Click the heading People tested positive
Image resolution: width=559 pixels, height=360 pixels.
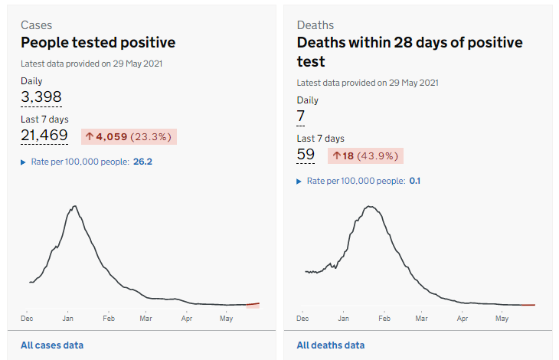[x=98, y=43]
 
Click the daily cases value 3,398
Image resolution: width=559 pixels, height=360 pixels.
[x=41, y=97]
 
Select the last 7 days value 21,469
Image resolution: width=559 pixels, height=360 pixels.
[x=44, y=136]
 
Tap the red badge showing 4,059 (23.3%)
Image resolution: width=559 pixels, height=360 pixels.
[x=129, y=136]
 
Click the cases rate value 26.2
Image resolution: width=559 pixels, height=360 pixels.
[x=142, y=162]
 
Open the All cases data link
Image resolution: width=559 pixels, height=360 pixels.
[x=52, y=345]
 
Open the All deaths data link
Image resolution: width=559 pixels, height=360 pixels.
[x=331, y=345]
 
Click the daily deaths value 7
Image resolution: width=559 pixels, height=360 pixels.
[x=301, y=116]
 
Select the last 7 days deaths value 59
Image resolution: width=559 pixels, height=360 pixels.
[x=306, y=155]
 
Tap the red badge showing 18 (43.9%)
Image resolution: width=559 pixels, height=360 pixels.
[x=365, y=155]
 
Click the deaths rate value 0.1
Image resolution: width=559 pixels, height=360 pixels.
[x=415, y=181]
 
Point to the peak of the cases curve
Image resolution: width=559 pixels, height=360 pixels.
[x=74, y=206]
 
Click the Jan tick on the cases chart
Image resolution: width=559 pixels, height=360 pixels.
[x=67, y=317]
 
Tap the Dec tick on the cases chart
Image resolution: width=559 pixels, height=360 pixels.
[x=28, y=317]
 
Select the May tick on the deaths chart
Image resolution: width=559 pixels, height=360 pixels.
[x=502, y=317]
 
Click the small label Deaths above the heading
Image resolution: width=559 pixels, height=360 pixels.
[x=315, y=25]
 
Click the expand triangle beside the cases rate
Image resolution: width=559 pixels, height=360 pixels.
[x=24, y=162]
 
